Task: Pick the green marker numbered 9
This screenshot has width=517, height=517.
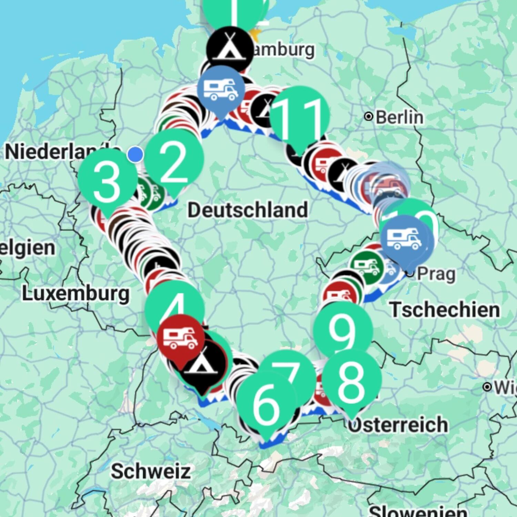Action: click(x=343, y=331)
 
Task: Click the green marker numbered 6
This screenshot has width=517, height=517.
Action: click(x=266, y=403)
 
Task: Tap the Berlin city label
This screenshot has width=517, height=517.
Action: click(x=399, y=117)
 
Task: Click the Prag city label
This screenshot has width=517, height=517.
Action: click(x=436, y=274)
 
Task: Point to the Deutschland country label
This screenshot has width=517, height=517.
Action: click(x=247, y=210)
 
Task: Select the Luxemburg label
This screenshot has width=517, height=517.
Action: click(x=76, y=294)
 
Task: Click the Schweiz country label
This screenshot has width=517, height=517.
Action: click(x=151, y=471)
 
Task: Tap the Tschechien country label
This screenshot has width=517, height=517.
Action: click(x=445, y=309)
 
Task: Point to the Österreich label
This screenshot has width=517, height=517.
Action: click(x=398, y=425)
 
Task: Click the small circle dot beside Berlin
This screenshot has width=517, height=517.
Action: click(x=368, y=117)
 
